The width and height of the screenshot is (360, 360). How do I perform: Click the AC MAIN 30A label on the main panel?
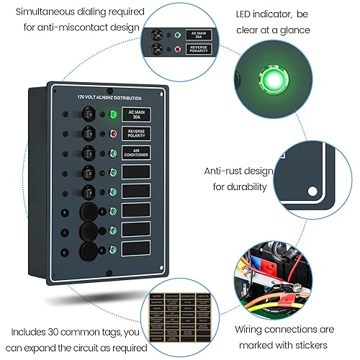tap(135, 115)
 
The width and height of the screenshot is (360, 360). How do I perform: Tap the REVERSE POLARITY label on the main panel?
tap(135, 134)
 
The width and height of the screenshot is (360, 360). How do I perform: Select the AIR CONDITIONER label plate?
tap(135, 153)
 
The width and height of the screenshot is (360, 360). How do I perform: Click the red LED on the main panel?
tap(112, 134)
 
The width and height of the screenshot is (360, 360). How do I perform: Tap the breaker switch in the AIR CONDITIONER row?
tap(87, 153)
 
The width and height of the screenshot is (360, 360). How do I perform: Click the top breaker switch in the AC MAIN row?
tap(87, 115)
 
